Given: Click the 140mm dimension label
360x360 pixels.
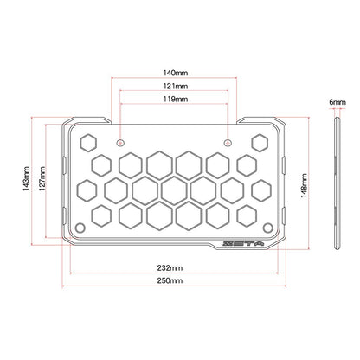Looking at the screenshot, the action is click(176, 73).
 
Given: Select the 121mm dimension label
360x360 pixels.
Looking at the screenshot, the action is click(176, 86).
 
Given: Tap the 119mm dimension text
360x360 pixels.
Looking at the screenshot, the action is click(176, 99).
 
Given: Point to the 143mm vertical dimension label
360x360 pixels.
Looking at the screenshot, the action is click(26, 178).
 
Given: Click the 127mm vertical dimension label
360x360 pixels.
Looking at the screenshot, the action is click(42, 178).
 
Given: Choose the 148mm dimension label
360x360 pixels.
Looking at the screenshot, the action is click(304, 185).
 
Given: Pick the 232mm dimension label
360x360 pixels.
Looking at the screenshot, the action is click(170, 268).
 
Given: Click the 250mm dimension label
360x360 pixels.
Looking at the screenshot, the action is click(170, 280).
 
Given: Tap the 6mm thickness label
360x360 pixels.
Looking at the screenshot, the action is click(337, 102).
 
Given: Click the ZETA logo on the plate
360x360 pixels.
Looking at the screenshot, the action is click(244, 244).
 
